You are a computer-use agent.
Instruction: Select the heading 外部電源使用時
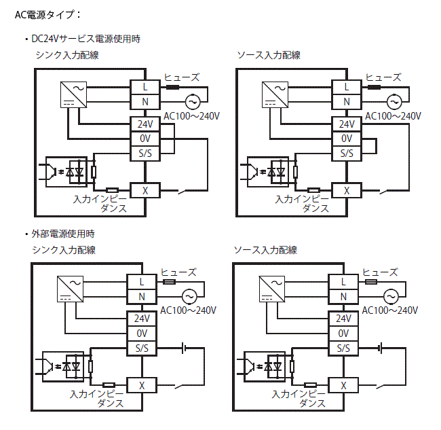[62, 234]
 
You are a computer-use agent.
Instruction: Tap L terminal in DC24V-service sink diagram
[145, 87]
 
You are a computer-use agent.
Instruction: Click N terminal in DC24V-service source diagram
[347, 102]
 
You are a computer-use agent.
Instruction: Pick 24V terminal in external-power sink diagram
[142, 318]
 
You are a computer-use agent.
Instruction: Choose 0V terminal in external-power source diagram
[343, 334]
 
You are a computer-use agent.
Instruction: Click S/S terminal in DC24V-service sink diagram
[145, 153]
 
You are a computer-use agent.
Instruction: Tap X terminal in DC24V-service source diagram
[347, 190]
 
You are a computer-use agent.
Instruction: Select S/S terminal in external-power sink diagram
[142, 348]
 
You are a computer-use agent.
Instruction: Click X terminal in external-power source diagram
[343, 385]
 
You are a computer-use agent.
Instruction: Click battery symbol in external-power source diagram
[381, 348]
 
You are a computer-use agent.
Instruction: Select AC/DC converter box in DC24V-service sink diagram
[73, 94]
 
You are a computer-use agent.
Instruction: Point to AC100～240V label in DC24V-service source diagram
[394, 116]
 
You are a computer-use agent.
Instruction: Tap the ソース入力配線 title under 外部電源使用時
[266, 250]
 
